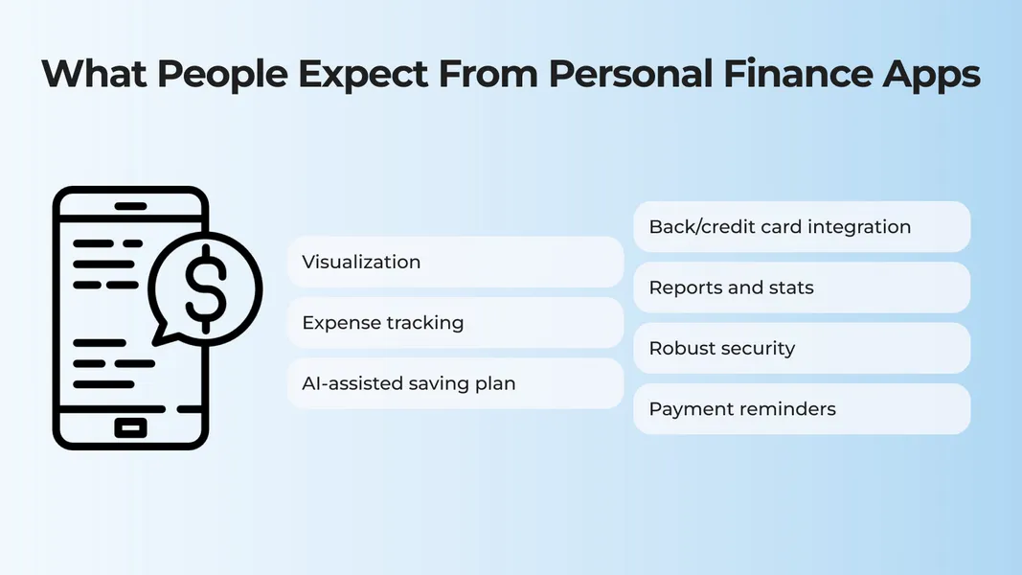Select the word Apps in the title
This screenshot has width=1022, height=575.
[933, 74]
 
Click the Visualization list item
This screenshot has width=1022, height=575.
[455, 262]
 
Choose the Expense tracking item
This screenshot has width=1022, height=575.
[455, 323]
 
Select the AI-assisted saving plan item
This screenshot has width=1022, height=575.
[455, 383]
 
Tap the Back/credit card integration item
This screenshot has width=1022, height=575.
[802, 227]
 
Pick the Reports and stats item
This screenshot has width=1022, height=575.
[802, 287]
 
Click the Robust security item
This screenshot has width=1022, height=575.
[802, 348]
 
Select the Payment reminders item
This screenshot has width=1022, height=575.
[802, 409]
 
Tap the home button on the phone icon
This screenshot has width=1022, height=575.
[130, 427]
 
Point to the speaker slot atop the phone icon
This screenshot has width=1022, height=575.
[130, 205]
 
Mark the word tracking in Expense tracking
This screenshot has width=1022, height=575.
[424, 323]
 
